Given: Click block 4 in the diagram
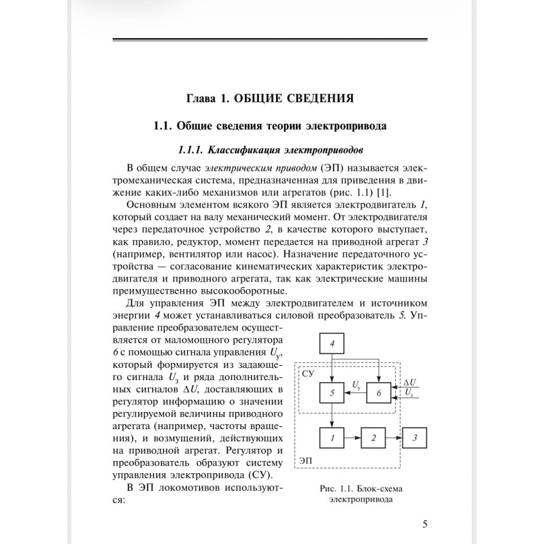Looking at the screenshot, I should tap(332, 345).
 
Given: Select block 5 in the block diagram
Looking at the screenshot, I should tap(332, 393).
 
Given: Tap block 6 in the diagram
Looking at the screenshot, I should tap(379, 393).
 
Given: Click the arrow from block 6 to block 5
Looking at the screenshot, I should tap(356, 393).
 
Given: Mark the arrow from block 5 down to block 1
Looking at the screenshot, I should tap(332, 415).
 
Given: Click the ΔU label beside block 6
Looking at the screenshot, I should tap(409, 383).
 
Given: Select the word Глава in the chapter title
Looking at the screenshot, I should tap(204, 98).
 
